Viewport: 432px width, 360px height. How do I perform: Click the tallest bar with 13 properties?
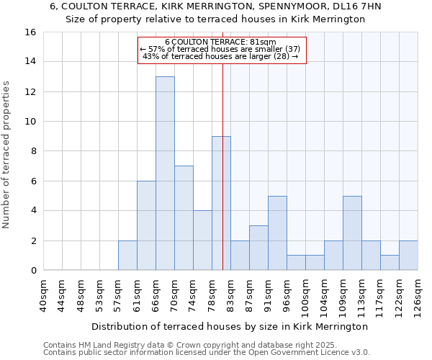click(x=165, y=174)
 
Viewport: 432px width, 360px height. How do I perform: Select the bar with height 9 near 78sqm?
click(x=221, y=203)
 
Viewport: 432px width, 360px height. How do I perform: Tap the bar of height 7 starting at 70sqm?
click(x=184, y=218)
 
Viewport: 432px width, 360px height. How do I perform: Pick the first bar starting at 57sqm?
click(x=127, y=256)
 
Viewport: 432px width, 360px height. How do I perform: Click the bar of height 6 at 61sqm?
click(x=146, y=225)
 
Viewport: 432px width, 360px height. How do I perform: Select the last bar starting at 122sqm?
click(x=408, y=256)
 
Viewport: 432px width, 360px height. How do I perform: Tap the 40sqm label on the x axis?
click(x=44, y=294)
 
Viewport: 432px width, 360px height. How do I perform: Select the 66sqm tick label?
click(x=156, y=294)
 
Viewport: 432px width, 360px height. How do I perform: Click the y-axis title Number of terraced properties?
click(x=7, y=155)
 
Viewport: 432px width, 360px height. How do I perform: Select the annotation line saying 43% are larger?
click(x=221, y=56)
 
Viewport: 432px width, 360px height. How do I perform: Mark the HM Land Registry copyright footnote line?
click(x=185, y=345)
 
